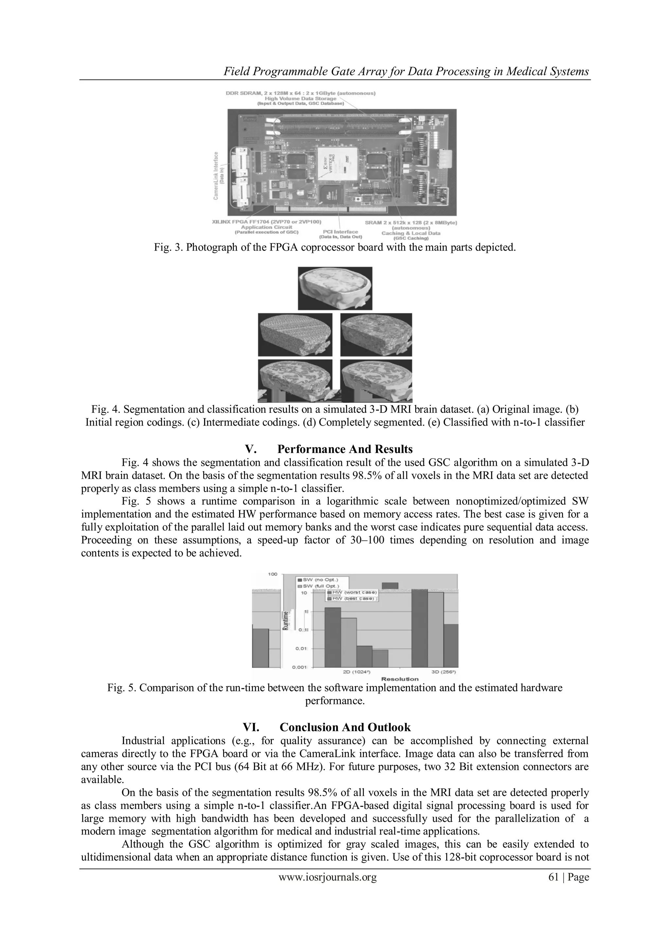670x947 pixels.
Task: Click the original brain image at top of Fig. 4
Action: [x=335, y=288]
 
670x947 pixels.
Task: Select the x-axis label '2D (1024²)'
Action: [x=357, y=672]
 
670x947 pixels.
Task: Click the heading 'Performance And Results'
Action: [x=344, y=449]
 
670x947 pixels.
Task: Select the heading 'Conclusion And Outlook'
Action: [x=344, y=727]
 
